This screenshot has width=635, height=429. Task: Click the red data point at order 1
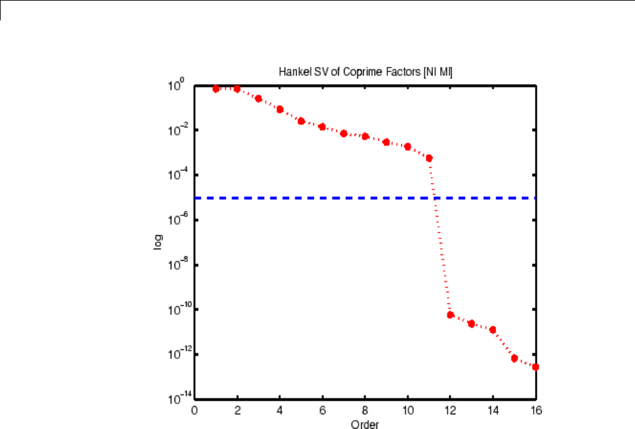216,89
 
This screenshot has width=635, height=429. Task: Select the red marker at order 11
429,157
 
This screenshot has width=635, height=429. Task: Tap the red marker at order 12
450,314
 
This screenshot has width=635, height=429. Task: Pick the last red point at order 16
536,367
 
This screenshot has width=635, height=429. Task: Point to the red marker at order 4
280,109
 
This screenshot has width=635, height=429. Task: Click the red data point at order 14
493,330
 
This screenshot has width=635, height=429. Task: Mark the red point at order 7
344,133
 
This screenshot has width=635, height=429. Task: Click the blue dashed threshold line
318,198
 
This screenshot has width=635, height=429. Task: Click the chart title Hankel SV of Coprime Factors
365,73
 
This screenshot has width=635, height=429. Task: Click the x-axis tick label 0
195,411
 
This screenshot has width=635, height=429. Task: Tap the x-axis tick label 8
365,411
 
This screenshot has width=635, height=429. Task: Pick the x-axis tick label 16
536,411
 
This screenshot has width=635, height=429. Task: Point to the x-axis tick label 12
450,411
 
